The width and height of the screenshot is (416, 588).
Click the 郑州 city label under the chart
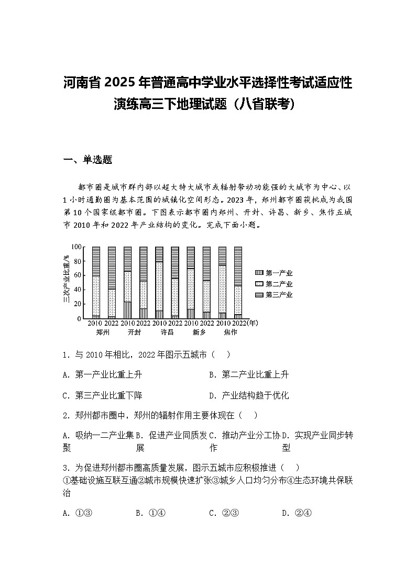click(103, 332)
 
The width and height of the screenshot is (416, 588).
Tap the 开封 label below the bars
click(135, 332)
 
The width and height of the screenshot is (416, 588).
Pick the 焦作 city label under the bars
click(230, 332)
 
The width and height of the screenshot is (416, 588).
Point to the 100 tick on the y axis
click(76, 247)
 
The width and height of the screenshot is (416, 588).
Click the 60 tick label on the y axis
click(78, 275)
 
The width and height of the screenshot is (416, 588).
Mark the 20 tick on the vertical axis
click(78, 304)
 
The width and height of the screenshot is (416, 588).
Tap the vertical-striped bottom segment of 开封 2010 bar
click(127, 310)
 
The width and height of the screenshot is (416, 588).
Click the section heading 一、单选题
click(87, 160)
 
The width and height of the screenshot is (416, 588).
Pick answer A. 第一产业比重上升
click(102, 375)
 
